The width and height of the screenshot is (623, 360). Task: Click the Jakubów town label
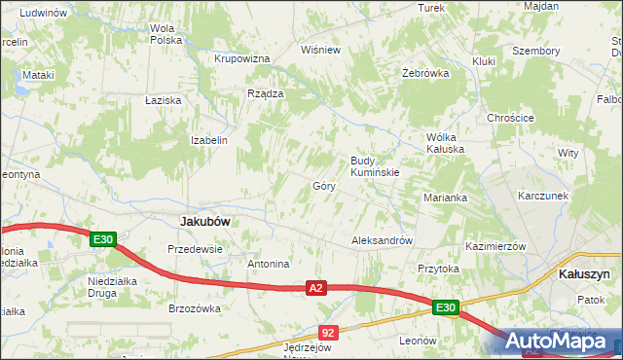tap(205, 222)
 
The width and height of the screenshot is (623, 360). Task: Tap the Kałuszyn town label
tap(584, 274)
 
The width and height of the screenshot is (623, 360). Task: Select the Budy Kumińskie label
tap(375, 166)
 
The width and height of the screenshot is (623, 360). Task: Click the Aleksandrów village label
tap(383, 240)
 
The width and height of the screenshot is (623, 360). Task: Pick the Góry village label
tap(324, 185)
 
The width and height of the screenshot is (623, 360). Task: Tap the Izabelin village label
tap(209, 140)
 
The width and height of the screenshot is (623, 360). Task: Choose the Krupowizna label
tap(241, 58)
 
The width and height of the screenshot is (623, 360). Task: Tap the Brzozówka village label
tap(195, 308)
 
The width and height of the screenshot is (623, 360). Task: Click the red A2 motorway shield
tap(314, 288)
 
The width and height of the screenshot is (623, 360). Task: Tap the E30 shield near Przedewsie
tap(104, 239)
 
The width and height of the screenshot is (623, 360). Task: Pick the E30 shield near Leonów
tap(446, 308)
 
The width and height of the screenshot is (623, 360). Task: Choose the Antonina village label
tap(269, 264)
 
